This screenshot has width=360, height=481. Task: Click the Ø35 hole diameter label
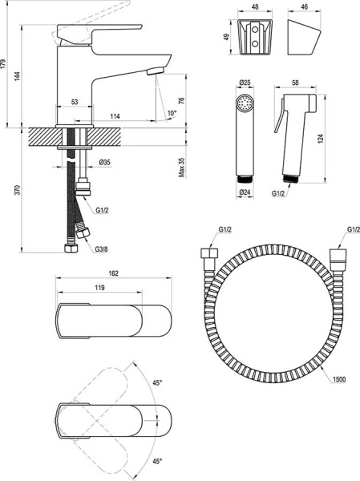(104, 162)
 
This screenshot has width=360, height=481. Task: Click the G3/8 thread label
(101, 249)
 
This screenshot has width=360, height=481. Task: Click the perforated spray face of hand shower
(244, 104)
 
